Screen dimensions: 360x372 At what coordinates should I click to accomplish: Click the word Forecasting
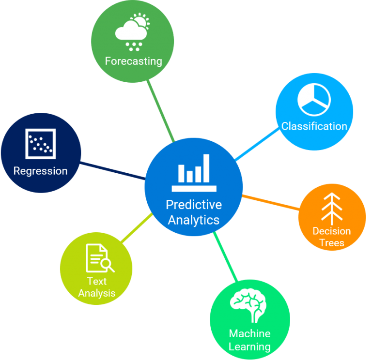point(133,61)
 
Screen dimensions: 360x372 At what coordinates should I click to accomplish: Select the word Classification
point(314,126)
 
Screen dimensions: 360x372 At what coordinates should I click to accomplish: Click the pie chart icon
point(314,100)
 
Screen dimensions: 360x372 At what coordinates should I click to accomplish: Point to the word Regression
point(40,171)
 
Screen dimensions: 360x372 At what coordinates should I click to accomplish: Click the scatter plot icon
point(40,144)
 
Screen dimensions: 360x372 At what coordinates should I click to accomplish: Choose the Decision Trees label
point(332,237)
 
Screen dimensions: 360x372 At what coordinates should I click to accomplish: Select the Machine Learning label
point(249,340)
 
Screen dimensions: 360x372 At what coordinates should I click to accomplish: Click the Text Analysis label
point(97,287)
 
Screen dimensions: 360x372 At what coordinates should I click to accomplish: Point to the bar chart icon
point(194,172)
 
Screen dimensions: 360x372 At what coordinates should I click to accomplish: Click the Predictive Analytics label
point(194,212)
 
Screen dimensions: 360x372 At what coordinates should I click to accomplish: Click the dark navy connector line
point(112,171)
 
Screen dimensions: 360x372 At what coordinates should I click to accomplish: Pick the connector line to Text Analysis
point(136,227)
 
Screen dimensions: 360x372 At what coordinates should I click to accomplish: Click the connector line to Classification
point(257,144)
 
